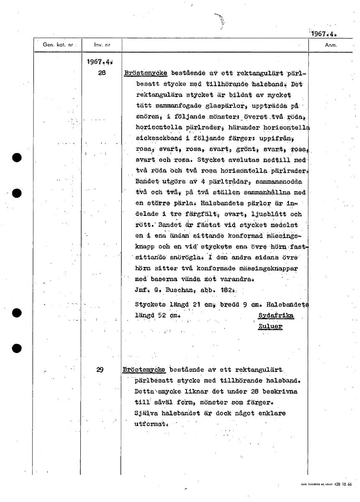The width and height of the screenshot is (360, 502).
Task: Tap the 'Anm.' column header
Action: click(331, 44)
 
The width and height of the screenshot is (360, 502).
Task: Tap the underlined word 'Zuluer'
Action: click(270, 326)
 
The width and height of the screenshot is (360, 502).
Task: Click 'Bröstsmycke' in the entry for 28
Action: click(146, 73)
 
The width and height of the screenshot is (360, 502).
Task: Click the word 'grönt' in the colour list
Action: click(235, 149)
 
